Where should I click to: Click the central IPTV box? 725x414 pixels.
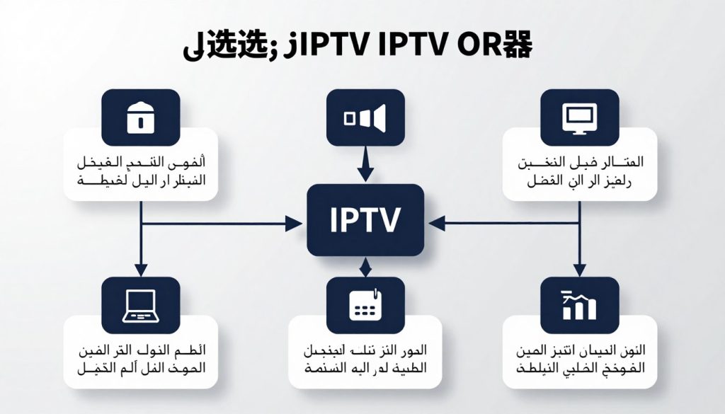pyautogui.click(x=365, y=220)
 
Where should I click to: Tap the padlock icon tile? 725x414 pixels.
pyautogui.click(x=140, y=116)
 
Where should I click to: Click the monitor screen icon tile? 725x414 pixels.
pyautogui.click(x=579, y=116)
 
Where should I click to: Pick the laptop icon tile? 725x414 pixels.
pyautogui.click(x=140, y=304)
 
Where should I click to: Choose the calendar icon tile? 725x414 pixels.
pyautogui.click(x=365, y=304)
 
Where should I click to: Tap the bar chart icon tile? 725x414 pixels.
pyautogui.click(x=579, y=304)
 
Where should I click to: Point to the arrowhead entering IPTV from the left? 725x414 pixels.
pyautogui.click(x=295, y=224)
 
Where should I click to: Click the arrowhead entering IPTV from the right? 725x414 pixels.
pyautogui.click(x=435, y=224)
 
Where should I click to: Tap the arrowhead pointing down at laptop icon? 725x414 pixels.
pyautogui.click(x=141, y=270)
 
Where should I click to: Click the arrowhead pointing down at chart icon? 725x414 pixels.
pyautogui.click(x=580, y=270)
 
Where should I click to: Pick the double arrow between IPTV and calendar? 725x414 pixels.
pyautogui.click(x=365, y=267)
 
